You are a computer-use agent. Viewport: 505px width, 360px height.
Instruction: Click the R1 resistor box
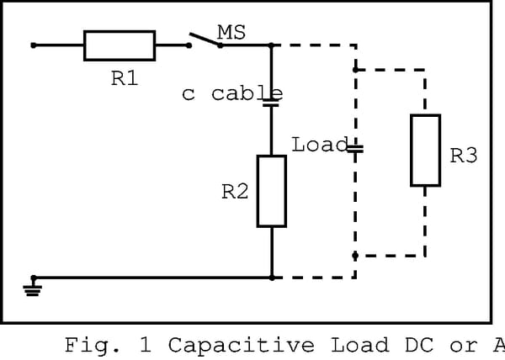(120, 45)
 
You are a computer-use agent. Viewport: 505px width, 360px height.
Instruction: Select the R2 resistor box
(272, 191)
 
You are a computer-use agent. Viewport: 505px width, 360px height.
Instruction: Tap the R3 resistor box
(425, 151)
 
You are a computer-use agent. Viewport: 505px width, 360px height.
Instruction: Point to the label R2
(235, 192)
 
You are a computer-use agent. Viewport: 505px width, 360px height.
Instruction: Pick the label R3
(464, 156)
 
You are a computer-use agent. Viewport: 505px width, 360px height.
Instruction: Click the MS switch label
(231, 32)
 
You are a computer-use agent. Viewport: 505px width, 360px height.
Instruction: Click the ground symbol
(34, 288)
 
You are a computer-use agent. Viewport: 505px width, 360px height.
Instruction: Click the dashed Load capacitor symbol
(355, 149)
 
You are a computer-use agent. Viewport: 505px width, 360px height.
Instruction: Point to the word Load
(319, 144)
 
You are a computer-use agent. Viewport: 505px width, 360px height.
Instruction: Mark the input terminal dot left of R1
(34, 45)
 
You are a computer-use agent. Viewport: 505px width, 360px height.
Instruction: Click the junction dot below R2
(272, 277)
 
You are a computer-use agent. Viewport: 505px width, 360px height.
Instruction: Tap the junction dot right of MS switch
(272, 45)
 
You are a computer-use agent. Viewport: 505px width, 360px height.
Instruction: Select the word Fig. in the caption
(92, 345)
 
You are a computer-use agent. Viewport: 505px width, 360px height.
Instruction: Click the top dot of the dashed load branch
(355, 70)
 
